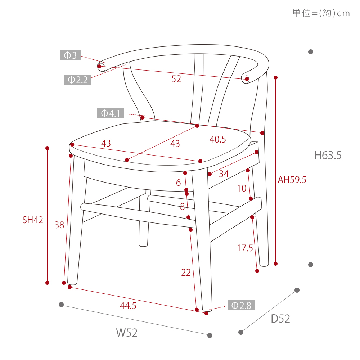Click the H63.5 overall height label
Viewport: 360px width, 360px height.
point(328,156)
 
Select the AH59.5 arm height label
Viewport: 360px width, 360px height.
point(292,180)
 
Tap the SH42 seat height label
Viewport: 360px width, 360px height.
point(33,220)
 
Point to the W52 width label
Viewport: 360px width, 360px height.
point(126,333)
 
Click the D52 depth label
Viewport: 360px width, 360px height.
point(280,319)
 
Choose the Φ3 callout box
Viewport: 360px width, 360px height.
point(70,55)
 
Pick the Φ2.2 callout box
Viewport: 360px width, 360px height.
point(78,80)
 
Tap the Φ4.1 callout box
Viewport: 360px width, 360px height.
point(110,113)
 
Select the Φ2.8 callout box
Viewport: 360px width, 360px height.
point(241,305)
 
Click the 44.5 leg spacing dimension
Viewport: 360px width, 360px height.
point(128,306)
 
